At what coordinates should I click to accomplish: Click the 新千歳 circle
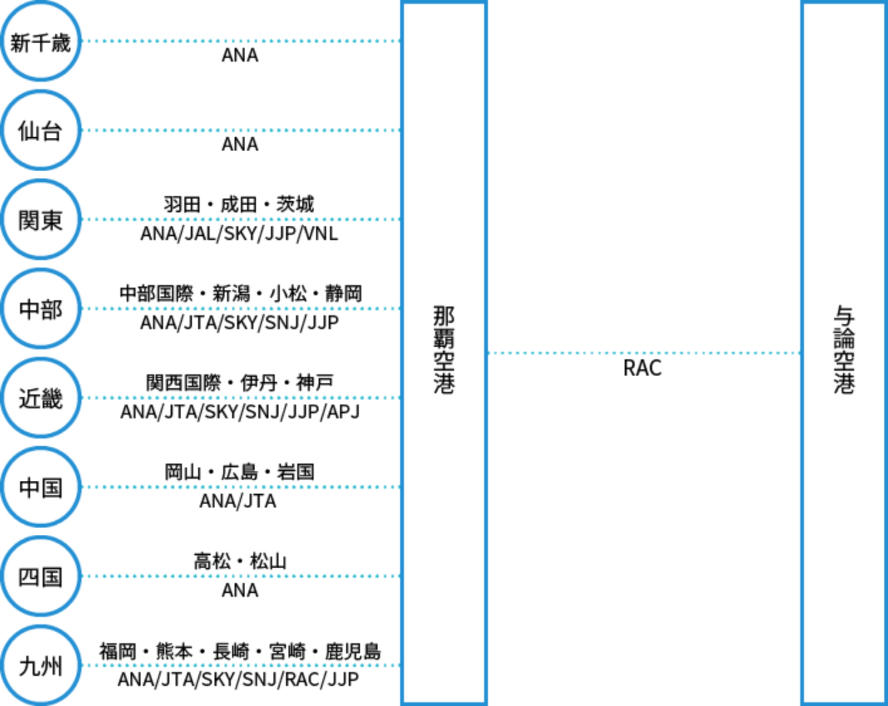(x=40, y=42)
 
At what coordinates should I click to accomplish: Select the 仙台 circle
(x=40, y=131)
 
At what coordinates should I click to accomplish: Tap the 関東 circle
(x=40, y=220)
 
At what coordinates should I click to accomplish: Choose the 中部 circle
(x=40, y=309)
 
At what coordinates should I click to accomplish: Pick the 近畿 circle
(x=40, y=398)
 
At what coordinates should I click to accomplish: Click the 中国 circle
(x=40, y=488)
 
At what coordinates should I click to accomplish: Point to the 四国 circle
(x=40, y=577)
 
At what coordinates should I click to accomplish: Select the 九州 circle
(x=40, y=666)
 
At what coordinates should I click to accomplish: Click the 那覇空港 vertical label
(x=443, y=350)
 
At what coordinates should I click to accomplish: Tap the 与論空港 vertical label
(x=844, y=350)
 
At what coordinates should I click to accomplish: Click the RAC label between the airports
(x=642, y=369)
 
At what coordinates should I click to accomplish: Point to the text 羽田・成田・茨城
(x=239, y=205)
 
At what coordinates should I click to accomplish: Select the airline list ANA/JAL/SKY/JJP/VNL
(x=239, y=234)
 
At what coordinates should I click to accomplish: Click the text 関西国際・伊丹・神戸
(x=239, y=383)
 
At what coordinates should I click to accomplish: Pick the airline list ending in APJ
(x=239, y=412)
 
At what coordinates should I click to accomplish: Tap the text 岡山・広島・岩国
(x=239, y=472)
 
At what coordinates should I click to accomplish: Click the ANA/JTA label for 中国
(x=238, y=502)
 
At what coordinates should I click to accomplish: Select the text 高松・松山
(x=239, y=561)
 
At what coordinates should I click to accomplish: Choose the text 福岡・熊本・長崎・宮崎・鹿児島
(x=239, y=651)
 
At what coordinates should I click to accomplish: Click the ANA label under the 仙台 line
(x=239, y=145)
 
